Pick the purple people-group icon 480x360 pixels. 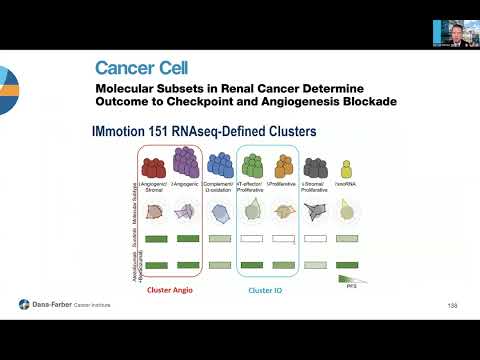pyautogui.click(x=186, y=163)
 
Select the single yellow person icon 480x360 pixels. pyautogui.click(x=347, y=168)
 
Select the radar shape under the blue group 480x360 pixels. pyautogui.click(x=221, y=212)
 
